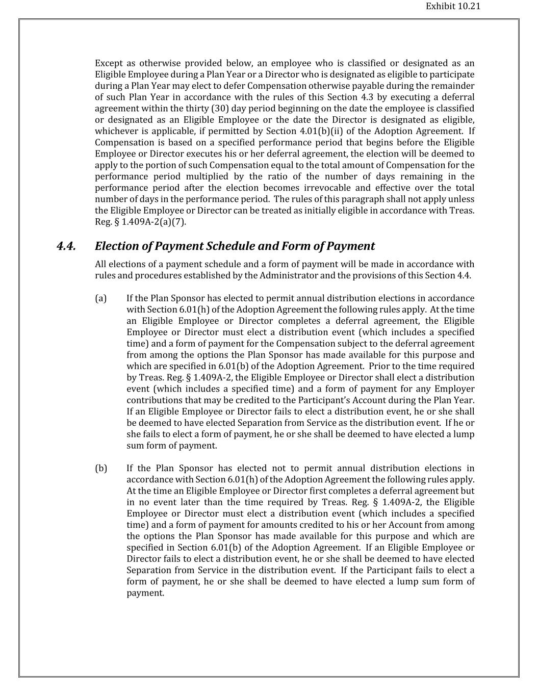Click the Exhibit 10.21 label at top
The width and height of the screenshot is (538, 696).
[453, 7]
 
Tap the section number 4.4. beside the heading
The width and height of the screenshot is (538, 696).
[66, 246]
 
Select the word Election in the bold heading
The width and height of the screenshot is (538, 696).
[117, 246]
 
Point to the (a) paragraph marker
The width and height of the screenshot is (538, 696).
[100, 298]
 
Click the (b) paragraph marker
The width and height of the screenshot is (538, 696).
[101, 469]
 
